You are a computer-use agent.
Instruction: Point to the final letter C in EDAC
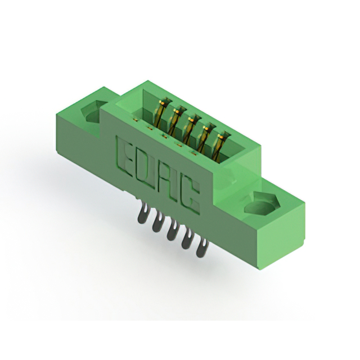pyautogui.click(x=190, y=195)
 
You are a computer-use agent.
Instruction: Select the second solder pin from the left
pyautogui.click(x=157, y=220)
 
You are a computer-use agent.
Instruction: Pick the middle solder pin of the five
pyautogui.click(x=172, y=229)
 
